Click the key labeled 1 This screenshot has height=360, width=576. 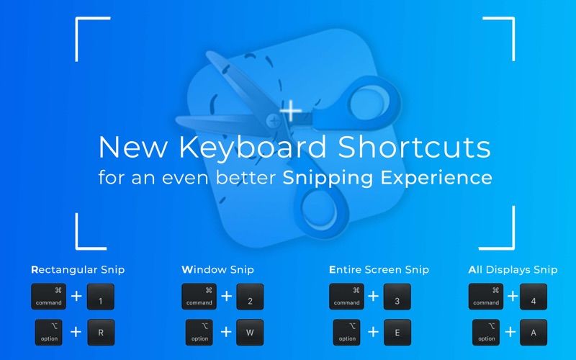101,297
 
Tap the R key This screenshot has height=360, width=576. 101,333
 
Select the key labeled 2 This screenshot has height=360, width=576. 250,297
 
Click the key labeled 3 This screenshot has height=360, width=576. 397,297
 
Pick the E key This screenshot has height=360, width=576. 397,333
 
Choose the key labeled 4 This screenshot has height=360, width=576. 534,297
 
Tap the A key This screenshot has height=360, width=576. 534,333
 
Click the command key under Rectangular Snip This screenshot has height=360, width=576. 48,297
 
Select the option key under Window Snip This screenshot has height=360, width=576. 199,333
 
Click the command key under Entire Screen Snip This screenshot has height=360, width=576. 346,297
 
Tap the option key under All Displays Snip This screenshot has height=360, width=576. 485,333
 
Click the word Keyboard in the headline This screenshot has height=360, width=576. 253,147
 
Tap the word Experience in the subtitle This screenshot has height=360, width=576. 436,178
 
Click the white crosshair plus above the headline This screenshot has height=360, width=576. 291,110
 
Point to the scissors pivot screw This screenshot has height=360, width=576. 274,120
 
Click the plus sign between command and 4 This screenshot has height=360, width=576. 513,296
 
